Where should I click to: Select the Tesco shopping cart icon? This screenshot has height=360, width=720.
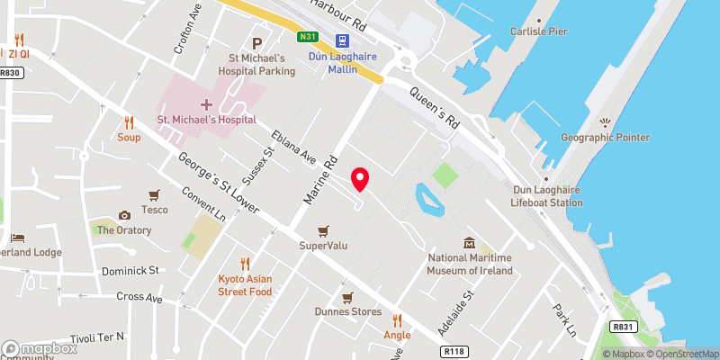155,194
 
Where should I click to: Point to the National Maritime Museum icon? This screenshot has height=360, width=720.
469,244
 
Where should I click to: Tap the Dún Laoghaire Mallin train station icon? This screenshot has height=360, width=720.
342,40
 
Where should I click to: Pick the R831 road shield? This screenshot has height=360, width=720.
622,328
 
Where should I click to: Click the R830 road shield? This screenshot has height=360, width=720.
11,73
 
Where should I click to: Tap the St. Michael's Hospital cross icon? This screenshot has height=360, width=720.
206,105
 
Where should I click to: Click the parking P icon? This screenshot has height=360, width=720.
257,43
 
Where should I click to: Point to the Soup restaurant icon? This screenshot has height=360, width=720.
129,123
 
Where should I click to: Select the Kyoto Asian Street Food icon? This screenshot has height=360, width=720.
245,264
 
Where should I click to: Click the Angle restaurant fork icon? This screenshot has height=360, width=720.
397,319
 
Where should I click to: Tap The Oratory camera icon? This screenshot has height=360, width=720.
124,215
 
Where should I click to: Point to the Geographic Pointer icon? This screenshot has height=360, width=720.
604,121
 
